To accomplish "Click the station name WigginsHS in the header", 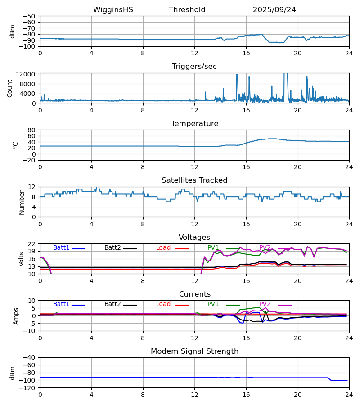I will click(113, 10).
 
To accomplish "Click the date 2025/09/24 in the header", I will click(274, 10).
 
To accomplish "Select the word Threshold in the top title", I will click(187, 10).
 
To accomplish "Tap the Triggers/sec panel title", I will click(194, 67).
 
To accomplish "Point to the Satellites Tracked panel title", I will click(194, 180).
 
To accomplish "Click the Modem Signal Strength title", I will click(194, 351).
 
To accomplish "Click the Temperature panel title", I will click(194, 124).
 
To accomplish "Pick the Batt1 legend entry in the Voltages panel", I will click(61, 248).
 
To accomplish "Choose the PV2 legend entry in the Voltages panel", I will click(265, 248).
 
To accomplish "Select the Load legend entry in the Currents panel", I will click(163, 304).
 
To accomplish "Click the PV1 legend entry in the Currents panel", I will click(213, 304).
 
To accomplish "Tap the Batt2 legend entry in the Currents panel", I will click(112, 304).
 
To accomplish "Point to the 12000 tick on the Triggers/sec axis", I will click(27, 74).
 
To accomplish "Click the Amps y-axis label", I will click(17, 315).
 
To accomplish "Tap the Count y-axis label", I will click(10, 88).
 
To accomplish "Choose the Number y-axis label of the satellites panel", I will click(22, 202).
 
